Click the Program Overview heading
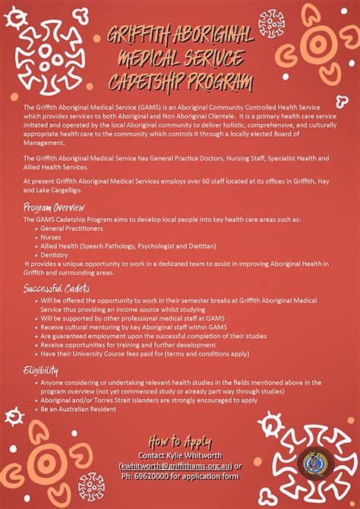tap(53, 207)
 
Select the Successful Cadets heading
tap(56, 289)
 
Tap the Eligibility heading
tap(41, 370)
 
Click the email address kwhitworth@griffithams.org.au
tap(175, 466)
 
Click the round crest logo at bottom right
tap(313, 461)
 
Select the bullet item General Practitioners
tap(72, 228)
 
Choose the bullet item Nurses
tap(52, 236)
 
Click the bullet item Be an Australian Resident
tap(79, 409)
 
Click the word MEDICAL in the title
tap(149, 58)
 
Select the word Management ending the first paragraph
tap(44, 141)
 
